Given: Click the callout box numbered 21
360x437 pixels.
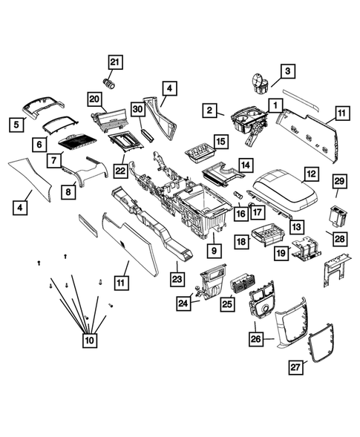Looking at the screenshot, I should click(114, 62).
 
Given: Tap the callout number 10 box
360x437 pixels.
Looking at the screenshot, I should click(89, 340).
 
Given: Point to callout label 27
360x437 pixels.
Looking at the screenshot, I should click(297, 366).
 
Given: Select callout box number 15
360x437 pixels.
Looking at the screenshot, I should click(220, 141).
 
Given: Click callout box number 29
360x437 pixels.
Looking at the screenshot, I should click(340, 182).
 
